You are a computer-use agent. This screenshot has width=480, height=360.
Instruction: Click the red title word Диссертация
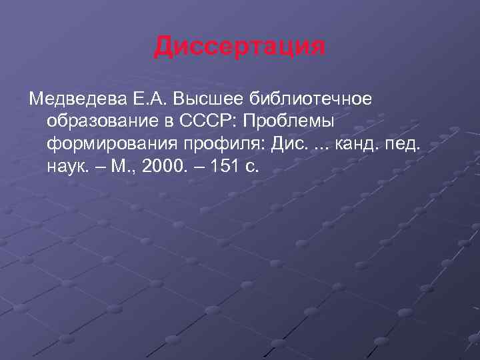pos(240,47)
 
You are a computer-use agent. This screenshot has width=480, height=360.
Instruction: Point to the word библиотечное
pos(309,99)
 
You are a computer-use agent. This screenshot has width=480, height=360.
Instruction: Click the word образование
pos(104,122)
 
